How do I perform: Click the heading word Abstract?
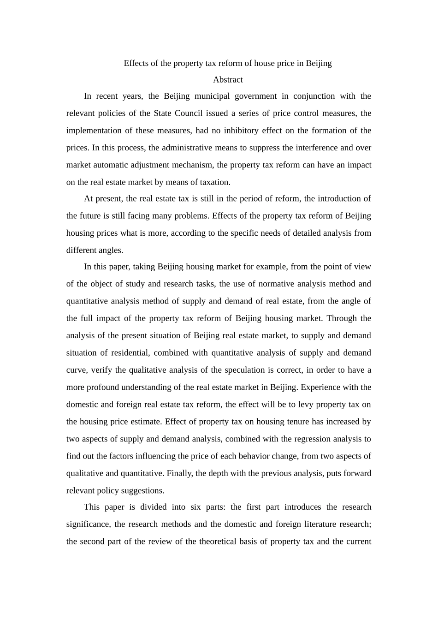(x=228, y=80)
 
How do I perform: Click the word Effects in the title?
(x=136, y=63)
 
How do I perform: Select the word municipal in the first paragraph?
(x=212, y=96)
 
